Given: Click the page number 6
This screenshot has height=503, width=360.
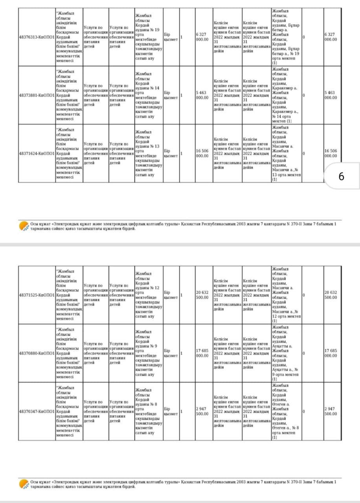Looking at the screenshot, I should click(341, 176).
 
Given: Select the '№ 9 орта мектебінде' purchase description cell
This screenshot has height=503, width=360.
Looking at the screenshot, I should click(148, 353).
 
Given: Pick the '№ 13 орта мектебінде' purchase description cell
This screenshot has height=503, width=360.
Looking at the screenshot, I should click(148, 153).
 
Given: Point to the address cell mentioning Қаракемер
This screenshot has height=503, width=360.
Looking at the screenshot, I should click(286, 95).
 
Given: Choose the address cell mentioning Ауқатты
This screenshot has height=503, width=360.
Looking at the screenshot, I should click(286, 353).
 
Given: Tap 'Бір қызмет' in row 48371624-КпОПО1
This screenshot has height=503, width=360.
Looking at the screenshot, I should click(171, 153).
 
